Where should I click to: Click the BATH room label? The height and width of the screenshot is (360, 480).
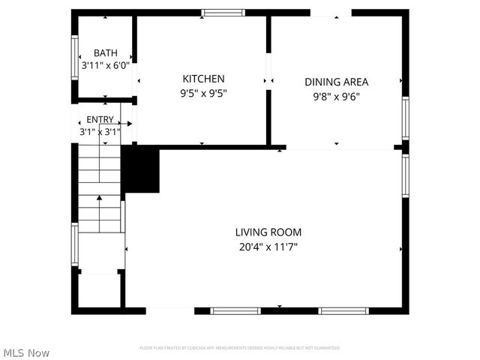pyautogui.click(x=105, y=53)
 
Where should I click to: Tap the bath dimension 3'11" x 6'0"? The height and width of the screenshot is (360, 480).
pyautogui.click(x=105, y=65)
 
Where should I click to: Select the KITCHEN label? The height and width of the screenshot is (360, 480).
pyautogui.click(x=203, y=79)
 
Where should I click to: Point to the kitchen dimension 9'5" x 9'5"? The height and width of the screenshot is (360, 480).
pyautogui.click(x=203, y=94)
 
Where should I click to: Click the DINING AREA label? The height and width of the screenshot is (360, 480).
pyautogui.click(x=336, y=82)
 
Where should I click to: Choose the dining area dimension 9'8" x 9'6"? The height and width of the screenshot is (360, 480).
pyautogui.click(x=336, y=96)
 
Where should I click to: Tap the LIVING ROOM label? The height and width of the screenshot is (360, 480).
pyautogui.click(x=268, y=232)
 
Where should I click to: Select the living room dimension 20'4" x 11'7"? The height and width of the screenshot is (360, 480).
pyautogui.click(x=268, y=247)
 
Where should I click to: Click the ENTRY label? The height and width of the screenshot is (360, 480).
pyautogui.click(x=100, y=119)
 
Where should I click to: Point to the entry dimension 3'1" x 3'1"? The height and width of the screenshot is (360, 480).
pyautogui.click(x=100, y=131)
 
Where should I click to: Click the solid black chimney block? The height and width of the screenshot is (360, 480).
pyautogui.click(x=141, y=169)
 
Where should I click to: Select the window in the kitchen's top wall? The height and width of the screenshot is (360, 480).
pyautogui.click(x=223, y=13)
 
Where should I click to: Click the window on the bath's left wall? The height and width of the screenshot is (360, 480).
pyautogui.click(x=74, y=58)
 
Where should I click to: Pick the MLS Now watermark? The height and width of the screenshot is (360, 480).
pyautogui.click(x=26, y=352)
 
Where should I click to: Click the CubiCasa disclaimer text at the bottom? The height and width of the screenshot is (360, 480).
pyautogui.click(x=240, y=348)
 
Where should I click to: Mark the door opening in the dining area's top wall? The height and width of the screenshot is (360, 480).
pyautogui.click(x=331, y=13)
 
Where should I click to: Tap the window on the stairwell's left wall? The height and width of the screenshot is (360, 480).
pyautogui.click(x=74, y=244)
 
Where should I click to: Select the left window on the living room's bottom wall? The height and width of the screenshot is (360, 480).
pyautogui.click(x=235, y=310)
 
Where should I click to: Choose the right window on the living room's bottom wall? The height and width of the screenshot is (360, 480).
pyautogui.click(x=343, y=310)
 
